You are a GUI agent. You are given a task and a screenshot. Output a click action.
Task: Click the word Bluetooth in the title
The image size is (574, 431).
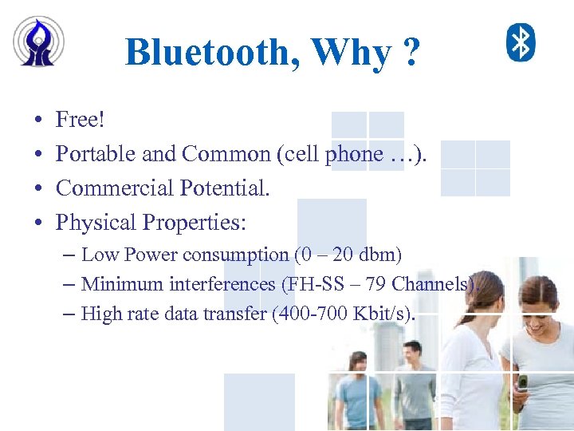coord(212,53)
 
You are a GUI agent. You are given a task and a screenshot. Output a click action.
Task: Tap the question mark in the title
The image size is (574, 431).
coord(411,53)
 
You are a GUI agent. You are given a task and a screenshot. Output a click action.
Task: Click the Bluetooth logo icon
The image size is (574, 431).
coord(521,42)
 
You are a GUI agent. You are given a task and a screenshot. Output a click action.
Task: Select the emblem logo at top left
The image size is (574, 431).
coord(39,41)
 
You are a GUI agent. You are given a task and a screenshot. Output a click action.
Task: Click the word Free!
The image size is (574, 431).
coord(81,121)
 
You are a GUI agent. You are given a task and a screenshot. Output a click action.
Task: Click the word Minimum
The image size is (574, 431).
coord(116,284)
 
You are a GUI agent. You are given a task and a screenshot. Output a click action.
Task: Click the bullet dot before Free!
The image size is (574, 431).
coord(39,121)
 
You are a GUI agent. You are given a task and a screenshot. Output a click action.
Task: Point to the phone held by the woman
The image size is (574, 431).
coord(522,382)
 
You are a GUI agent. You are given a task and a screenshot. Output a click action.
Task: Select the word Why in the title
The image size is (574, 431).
coord(351,53)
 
